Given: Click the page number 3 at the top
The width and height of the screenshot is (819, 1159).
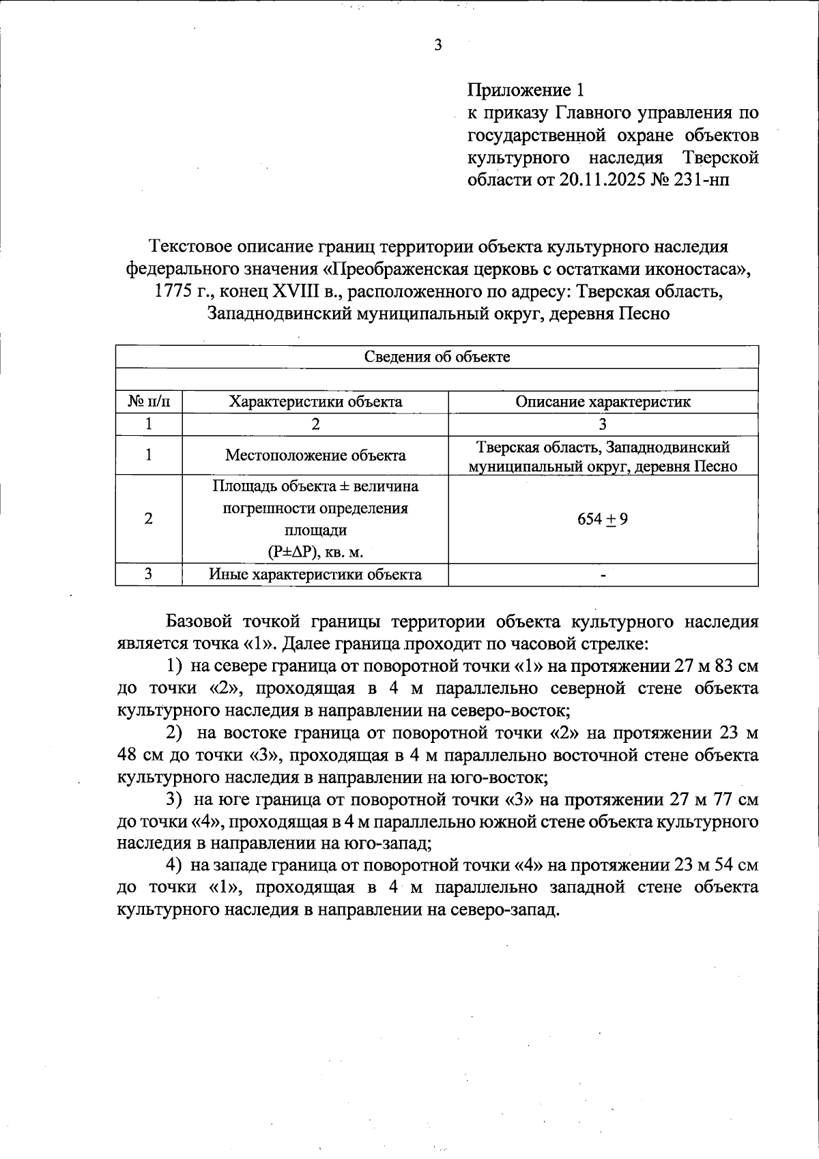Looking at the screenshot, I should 438,45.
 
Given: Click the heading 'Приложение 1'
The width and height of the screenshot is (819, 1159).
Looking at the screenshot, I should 526,90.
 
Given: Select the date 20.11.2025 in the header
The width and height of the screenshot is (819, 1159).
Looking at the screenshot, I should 602,180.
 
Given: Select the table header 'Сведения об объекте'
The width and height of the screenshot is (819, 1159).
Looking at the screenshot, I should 437,357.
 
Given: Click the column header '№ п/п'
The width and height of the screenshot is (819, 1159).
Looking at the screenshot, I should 149,402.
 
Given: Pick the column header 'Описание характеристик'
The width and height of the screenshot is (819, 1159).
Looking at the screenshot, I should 603,402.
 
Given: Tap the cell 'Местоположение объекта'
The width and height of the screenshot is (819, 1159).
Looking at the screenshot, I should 315,455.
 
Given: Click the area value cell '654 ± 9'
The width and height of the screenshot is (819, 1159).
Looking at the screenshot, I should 603,519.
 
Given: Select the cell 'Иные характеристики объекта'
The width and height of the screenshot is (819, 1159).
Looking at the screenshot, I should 315,574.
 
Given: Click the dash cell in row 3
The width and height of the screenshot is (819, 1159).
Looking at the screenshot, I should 603,576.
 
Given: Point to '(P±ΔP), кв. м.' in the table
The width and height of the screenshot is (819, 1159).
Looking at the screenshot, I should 315,552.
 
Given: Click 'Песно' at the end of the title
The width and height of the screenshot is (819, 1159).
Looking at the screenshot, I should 644,314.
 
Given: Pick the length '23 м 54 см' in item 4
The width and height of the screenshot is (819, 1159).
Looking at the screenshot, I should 717,865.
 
